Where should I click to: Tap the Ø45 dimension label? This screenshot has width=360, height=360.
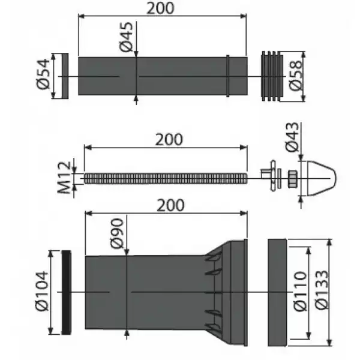click(x=126, y=37)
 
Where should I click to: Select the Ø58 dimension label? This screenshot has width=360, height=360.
click(x=295, y=76)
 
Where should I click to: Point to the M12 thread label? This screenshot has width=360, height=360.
click(x=64, y=178)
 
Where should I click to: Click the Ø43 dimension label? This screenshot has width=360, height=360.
click(x=292, y=137)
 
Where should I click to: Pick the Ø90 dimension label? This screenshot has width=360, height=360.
click(x=117, y=233)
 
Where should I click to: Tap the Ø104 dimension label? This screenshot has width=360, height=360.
click(x=42, y=291)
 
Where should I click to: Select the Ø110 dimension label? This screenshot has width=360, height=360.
click(x=300, y=292)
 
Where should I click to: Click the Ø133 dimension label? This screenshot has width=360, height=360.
click(x=322, y=290)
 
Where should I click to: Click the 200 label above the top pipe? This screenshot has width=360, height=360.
click(x=160, y=8)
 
